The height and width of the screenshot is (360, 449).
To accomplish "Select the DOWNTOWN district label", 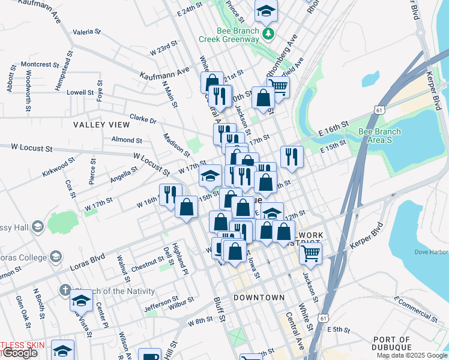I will point(259,298).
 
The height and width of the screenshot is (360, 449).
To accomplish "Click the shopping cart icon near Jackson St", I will point(310,253).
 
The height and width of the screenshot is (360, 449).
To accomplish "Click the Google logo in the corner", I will point(19,353).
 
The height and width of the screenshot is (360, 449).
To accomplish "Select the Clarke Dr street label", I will point(143,119).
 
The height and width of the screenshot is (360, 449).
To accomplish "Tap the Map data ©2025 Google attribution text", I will point(412,355).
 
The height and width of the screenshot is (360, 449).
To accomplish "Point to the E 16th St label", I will point(334,130).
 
